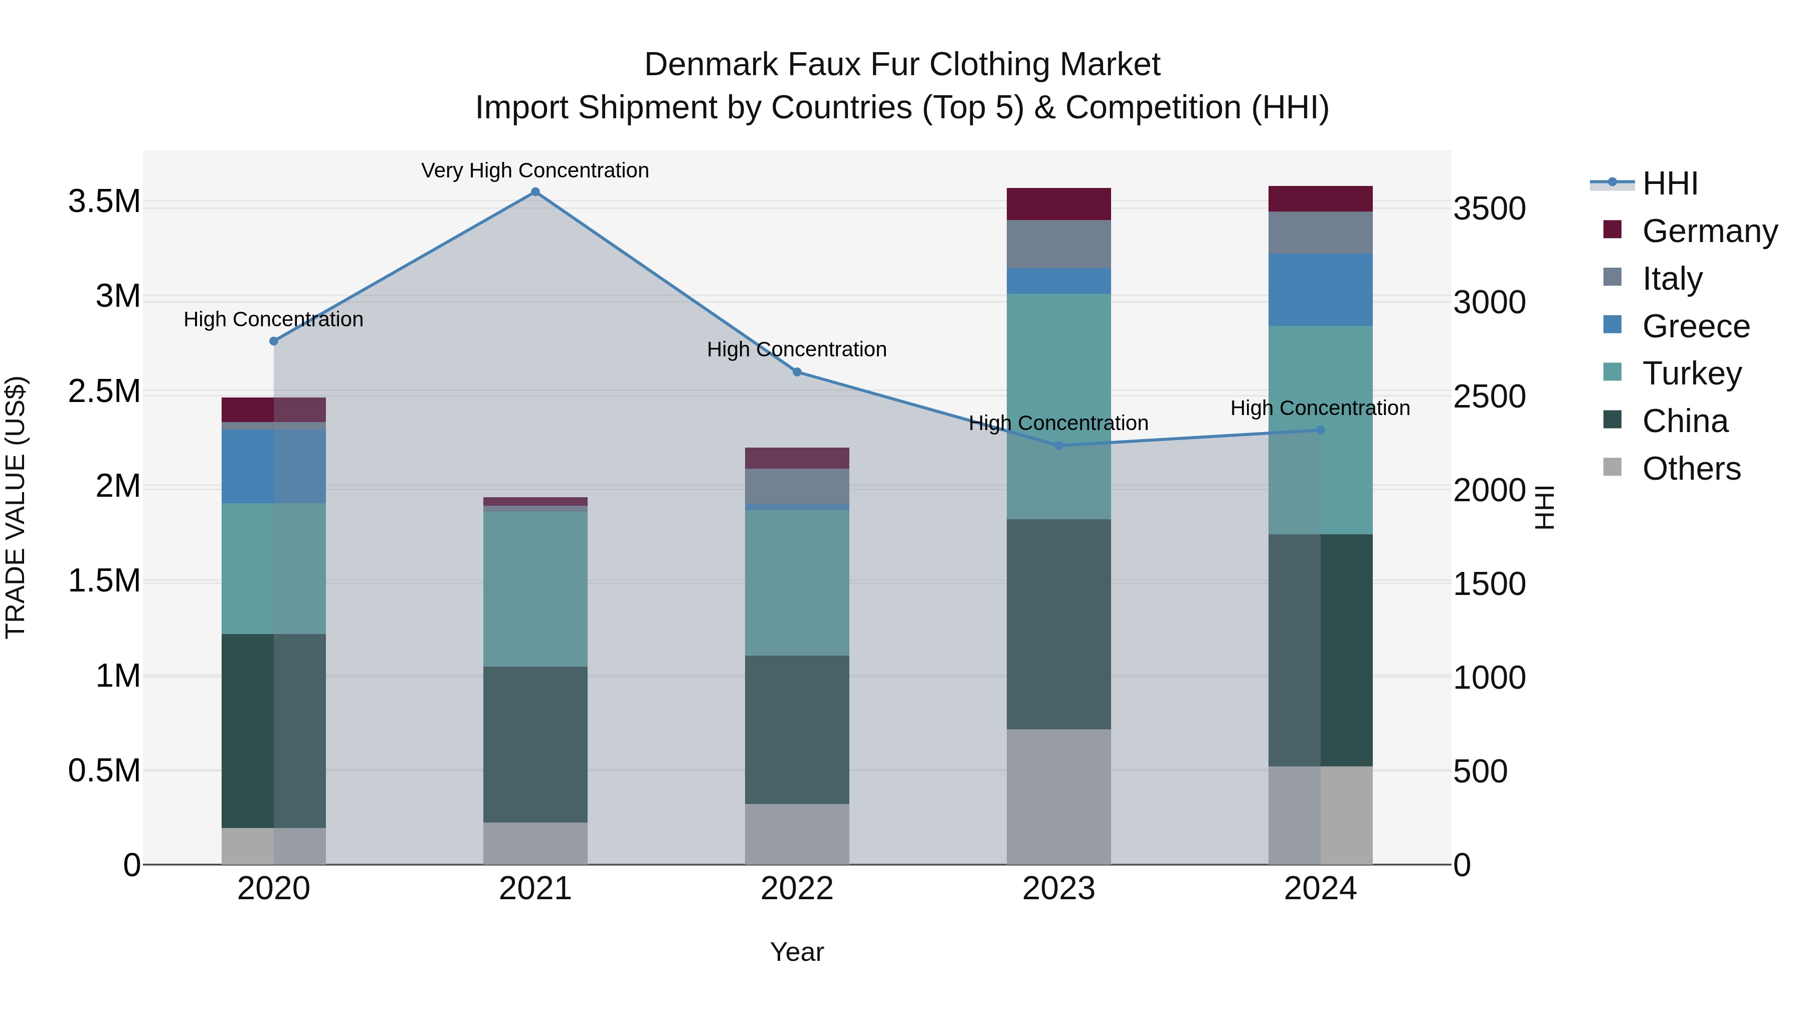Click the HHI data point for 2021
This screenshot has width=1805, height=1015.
[535, 192]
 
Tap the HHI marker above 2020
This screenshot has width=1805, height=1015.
[274, 341]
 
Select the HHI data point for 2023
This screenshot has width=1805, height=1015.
[1059, 446]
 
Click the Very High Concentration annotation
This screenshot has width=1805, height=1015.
[535, 171]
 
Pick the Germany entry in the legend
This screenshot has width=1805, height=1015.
[1709, 231]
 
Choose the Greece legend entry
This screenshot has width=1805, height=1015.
[1695, 326]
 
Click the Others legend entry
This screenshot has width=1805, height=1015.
[1690, 469]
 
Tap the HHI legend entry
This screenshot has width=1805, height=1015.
[1669, 183]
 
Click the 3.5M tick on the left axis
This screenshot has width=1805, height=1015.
[104, 201]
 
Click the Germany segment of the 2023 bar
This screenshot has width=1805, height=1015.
[1059, 205]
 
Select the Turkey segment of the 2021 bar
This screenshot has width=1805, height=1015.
[535, 589]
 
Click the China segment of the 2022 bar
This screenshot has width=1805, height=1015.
[797, 730]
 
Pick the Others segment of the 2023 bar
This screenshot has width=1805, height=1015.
[1059, 797]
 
